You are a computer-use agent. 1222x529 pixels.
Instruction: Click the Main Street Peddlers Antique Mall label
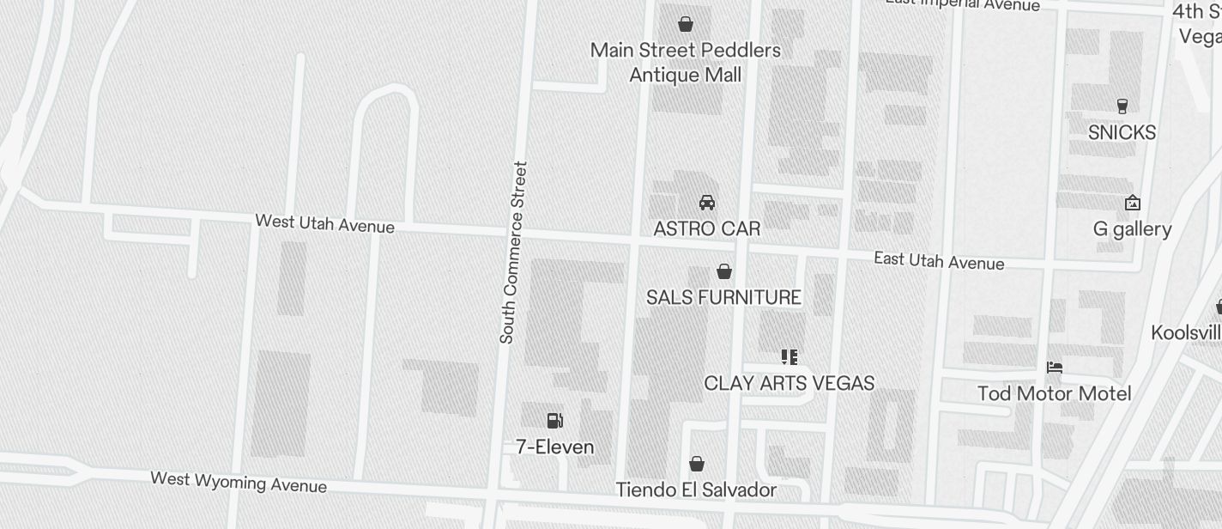(685, 63)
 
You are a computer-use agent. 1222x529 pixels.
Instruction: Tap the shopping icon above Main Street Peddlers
(686, 24)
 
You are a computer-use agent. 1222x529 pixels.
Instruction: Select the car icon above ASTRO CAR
(707, 203)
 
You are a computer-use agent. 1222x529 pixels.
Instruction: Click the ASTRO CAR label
(707, 229)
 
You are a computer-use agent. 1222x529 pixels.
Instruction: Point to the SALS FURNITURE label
(723, 298)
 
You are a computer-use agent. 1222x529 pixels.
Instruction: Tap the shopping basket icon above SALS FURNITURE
(724, 272)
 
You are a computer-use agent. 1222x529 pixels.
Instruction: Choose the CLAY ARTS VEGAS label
(789, 383)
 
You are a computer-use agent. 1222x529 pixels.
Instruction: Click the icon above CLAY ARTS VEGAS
(789, 356)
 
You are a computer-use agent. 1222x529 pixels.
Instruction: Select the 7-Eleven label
(554, 447)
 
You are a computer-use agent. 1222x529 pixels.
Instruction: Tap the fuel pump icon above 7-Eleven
(555, 421)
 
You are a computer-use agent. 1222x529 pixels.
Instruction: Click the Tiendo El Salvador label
(696, 490)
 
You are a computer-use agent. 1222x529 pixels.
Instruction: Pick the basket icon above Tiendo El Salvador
(697, 465)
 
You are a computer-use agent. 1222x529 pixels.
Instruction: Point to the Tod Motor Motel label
(1054, 394)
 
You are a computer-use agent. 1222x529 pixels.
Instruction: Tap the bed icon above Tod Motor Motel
(1055, 368)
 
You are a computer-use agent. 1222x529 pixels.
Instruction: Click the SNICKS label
(1122, 133)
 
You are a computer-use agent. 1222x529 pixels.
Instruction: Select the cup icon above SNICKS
(1122, 106)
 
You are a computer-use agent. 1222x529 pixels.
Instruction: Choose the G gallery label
(1132, 229)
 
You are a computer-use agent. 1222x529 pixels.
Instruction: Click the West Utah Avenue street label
(324, 223)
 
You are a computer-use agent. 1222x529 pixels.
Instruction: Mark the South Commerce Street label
(513, 252)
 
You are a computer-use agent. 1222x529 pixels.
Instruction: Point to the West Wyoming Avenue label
(239, 482)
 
